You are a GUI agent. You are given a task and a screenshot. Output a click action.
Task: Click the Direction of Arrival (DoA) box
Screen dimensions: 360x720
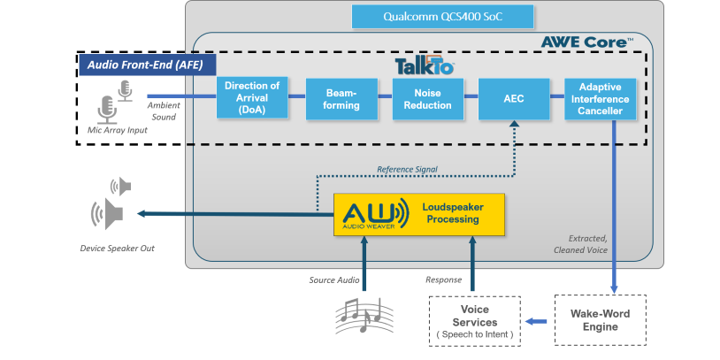pos(253,97)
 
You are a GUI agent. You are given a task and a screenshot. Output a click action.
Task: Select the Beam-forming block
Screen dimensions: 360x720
pos(341,98)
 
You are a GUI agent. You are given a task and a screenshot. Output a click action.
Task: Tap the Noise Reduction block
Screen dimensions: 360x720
pos(427,98)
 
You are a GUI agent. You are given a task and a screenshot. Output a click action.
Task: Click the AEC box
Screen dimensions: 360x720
pos(513,98)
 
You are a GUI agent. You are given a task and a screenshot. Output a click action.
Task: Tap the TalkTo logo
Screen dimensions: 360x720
pos(424,65)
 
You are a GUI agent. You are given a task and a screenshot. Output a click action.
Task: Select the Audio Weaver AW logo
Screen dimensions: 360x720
pos(372,215)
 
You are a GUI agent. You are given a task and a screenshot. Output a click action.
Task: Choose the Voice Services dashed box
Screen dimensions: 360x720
pos(475,321)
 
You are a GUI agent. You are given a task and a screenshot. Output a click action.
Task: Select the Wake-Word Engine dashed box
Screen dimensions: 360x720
pos(600,320)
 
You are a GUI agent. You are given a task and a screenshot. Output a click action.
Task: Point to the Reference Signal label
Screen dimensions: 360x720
pos(406,169)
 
